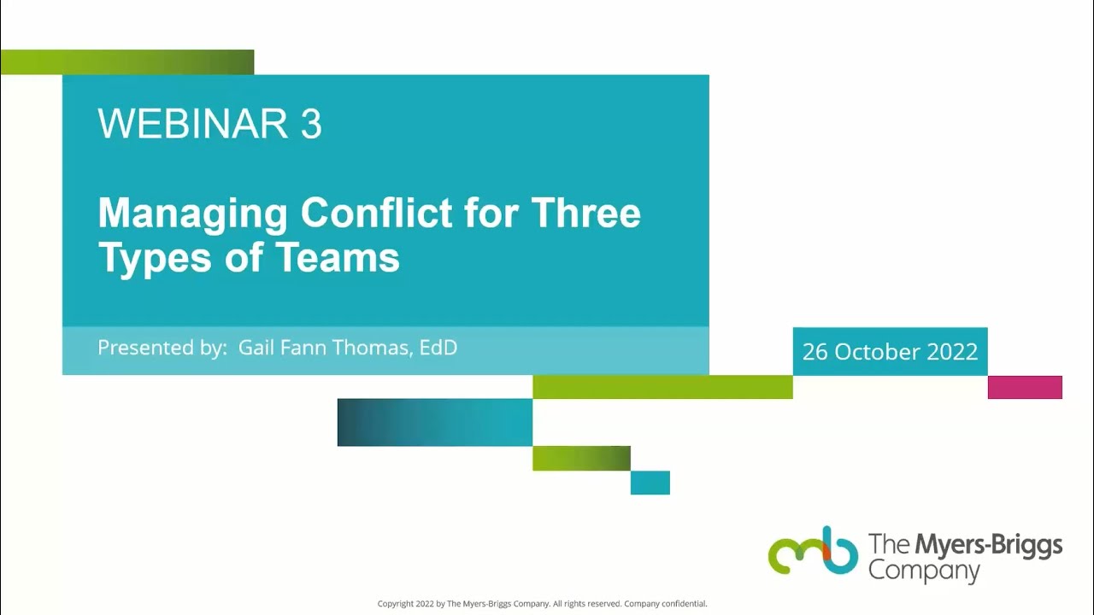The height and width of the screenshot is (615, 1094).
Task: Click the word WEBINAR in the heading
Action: (x=192, y=125)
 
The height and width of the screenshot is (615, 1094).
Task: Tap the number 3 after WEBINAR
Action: (x=311, y=125)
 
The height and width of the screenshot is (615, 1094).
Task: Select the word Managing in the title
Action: (x=192, y=214)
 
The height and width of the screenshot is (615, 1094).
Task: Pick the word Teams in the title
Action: (x=350, y=258)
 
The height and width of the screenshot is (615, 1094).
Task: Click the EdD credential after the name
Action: (x=438, y=348)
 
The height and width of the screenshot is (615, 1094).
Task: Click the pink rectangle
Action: (x=1025, y=388)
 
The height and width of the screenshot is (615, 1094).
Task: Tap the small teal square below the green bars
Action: (x=650, y=483)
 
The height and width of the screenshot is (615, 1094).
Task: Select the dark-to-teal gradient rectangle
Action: (x=434, y=422)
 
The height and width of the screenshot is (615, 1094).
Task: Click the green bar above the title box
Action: (x=127, y=62)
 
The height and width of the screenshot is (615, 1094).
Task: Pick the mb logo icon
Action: (x=813, y=551)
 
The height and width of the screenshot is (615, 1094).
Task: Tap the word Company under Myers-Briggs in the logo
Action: (x=924, y=571)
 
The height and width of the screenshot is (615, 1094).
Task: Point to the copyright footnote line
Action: (x=543, y=604)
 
